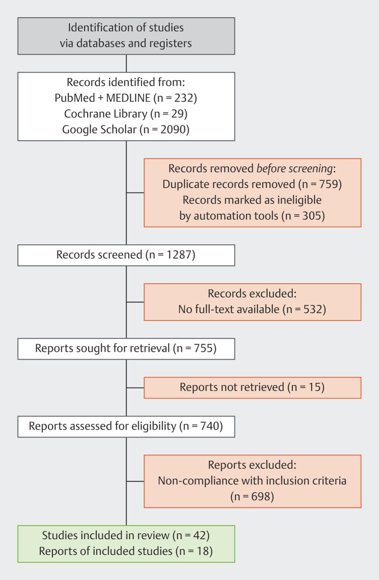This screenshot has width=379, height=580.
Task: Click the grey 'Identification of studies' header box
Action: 126,35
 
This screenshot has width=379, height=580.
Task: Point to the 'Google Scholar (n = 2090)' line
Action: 126,130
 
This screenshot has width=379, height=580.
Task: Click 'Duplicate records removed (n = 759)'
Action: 252,184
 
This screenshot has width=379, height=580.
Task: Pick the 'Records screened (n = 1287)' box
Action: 126,255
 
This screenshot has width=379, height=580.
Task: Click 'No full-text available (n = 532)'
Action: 252,309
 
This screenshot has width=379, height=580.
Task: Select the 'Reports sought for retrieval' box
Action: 126,349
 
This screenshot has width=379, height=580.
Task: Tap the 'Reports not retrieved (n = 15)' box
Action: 252,388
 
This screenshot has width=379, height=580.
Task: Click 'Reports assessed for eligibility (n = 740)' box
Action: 126,426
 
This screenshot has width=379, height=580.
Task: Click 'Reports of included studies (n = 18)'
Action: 126,551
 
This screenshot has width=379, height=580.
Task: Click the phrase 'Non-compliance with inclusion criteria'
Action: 252,480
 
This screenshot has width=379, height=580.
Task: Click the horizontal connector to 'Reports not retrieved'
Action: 135,388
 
